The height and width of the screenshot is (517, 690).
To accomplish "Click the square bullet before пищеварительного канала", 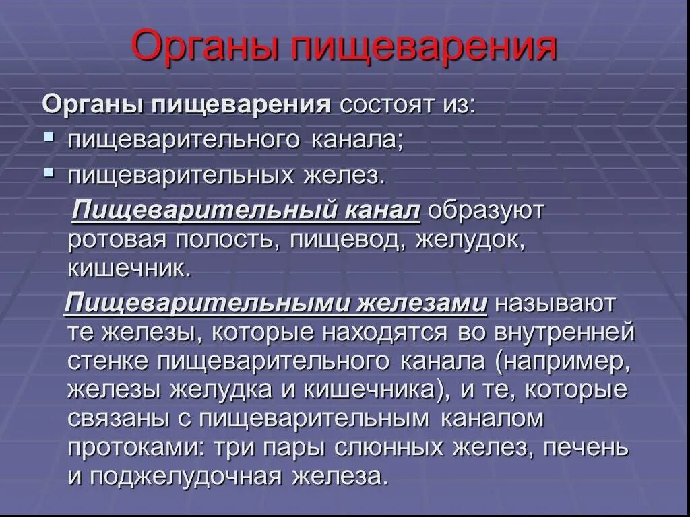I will pyautogui.click(x=49, y=137).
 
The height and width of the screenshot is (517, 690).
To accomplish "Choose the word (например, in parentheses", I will pyautogui.click(x=563, y=361).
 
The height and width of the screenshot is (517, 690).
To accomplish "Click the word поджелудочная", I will pyautogui.click(x=185, y=477).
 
